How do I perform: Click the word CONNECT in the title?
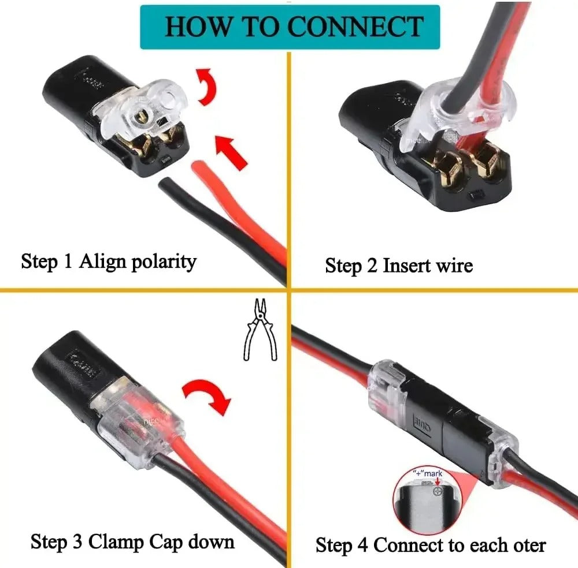coord(359,27)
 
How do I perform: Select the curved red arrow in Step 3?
coord(208,398)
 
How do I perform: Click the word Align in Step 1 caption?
coord(103,261)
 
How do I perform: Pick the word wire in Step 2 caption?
coord(454,266)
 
